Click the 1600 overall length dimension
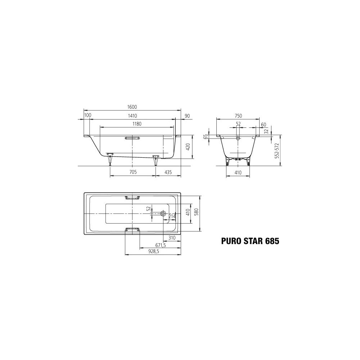tap(132, 107)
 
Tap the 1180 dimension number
tap(137, 124)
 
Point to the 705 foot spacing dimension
tap(133, 172)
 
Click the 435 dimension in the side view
tap(168, 172)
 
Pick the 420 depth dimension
tap(188, 147)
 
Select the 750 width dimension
tap(238, 116)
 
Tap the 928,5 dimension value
tap(154, 251)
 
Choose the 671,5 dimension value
tap(160, 245)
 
